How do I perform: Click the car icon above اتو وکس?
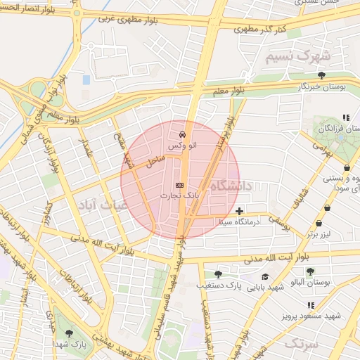182,134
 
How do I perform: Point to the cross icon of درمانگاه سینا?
240,211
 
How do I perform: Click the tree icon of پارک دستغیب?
218,274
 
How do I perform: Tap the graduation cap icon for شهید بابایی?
265,277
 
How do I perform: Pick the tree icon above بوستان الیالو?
310,271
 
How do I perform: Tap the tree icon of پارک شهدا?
68,333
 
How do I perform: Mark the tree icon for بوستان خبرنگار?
321,75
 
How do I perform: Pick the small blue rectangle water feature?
86,80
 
